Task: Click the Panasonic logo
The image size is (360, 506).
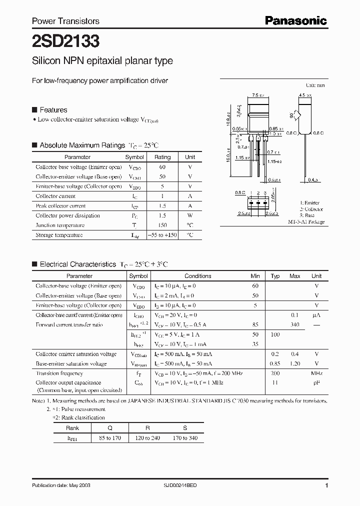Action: pos(295,20)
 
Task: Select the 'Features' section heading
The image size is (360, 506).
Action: pos(53,110)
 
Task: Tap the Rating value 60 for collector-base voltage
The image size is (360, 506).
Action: pos(162,167)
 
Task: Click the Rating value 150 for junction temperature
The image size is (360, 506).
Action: pos(162,225)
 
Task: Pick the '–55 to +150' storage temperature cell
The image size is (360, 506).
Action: pos(162,235)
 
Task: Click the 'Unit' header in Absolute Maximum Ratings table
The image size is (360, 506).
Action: pos(190,157)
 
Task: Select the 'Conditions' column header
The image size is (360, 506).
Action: pos(198,276)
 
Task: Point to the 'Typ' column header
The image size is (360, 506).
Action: pos(275,276)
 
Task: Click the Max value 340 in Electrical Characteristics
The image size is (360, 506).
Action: pos(295,324)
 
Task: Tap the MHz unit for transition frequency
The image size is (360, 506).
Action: pos(316,373)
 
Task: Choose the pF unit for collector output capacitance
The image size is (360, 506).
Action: pos(316,383)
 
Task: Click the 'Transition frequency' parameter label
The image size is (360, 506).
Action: pos(59,373)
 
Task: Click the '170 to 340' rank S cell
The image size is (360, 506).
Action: pos(184,438)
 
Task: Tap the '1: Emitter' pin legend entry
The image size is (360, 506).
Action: pos(310,203)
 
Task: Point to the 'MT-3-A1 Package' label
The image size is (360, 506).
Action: pos(306,221)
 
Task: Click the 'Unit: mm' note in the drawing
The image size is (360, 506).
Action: pos(315,85)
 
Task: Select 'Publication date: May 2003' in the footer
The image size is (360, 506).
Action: pos(61,485)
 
